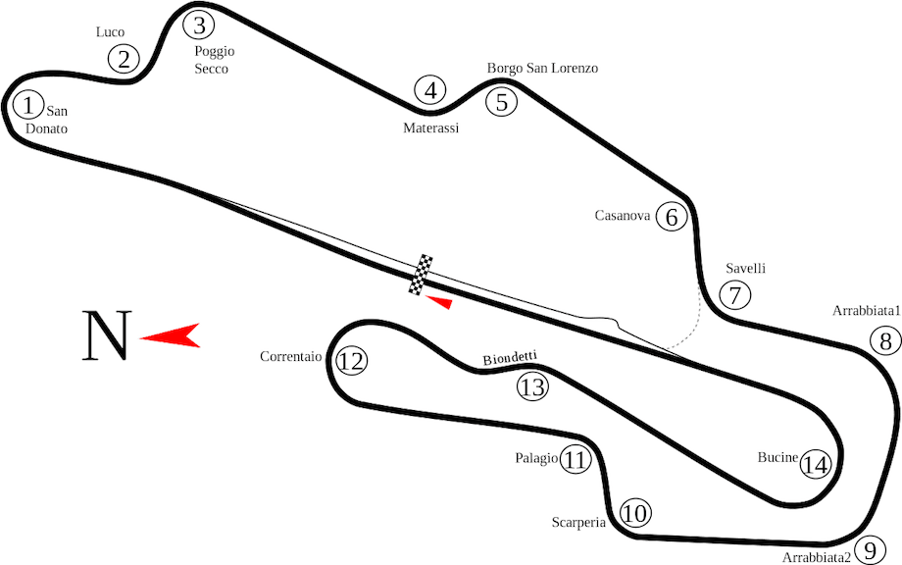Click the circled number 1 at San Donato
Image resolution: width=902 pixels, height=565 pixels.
coord(27,105)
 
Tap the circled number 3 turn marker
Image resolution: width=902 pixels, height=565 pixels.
coord(198,26)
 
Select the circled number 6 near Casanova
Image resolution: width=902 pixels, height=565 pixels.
coord(672,217)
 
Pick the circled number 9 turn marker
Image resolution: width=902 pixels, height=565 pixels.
coord(871,551)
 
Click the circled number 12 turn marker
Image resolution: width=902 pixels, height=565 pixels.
coord(351,361)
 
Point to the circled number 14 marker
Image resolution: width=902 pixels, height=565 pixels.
coord(816,464)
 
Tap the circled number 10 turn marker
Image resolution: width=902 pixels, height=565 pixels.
coord(635,513)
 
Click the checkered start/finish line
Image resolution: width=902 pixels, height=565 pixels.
coord(421,275)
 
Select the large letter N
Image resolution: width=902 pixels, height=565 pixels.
coord(107,335)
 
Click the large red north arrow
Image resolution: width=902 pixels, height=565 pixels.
coord(170,335)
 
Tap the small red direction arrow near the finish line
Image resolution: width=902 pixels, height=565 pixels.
coord(439,301)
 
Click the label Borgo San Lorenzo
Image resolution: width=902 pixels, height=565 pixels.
coord(542,69)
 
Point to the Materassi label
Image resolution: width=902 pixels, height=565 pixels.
coord(430,128)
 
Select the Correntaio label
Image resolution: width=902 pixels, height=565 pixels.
coord(290,357)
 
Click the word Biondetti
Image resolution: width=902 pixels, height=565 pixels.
coord(510,358)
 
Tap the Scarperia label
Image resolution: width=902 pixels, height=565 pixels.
coord(578,523)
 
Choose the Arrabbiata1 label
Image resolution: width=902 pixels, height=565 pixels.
coord(867,311)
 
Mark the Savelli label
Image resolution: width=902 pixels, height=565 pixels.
coord(745,268)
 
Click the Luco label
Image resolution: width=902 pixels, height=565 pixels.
coord(110,32)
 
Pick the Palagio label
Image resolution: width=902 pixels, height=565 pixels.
coord(536,458)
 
